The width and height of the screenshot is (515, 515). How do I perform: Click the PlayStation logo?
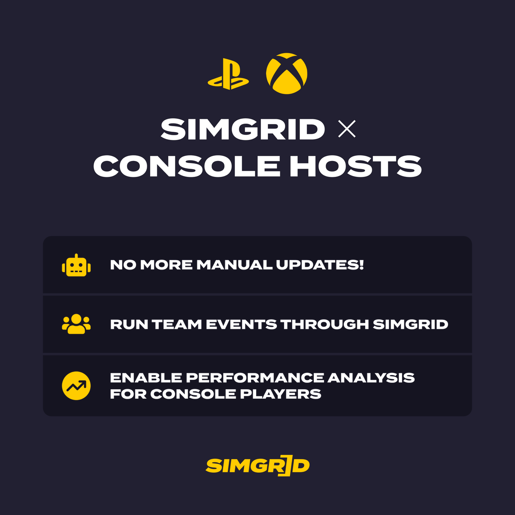[x=228, y=75]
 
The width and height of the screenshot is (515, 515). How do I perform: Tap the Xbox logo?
[x=287, y=73]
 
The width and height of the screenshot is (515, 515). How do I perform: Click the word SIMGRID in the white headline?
[x=243, y=129]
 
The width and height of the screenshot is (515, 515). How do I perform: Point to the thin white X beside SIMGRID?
[x=347, y=129]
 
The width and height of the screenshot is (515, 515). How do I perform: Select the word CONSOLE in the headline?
[x=187, y=167]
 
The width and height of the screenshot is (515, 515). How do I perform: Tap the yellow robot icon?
[x=76, y=265]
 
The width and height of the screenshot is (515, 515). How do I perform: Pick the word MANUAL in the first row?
[x=234, y=265]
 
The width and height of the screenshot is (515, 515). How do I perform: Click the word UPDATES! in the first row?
[x=320, y=265]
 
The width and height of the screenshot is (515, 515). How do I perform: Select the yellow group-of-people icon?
[x=76, y=324]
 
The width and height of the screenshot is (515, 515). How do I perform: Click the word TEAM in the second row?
[x=177, y=324]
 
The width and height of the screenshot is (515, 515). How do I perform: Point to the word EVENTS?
[x=241, y=324]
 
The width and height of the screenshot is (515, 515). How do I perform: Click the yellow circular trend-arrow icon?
[x=76, y=385]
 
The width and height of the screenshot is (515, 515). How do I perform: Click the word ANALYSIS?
[x=371, y=378]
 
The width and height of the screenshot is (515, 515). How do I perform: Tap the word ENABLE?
[x=146, y=378]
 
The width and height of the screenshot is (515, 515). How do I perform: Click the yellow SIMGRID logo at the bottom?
[x=257, y=466]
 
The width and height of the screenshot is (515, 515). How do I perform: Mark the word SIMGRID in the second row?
[x=411, y=324]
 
